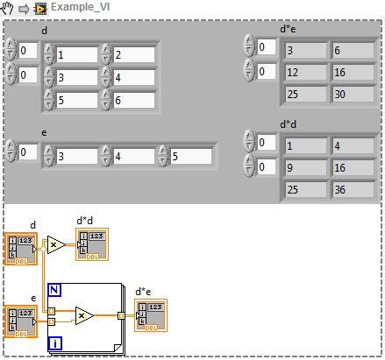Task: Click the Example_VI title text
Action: click(x=77, y=7)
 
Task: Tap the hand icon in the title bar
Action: click(x=9, y=7)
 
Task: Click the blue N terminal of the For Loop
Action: click(x=54, y=291)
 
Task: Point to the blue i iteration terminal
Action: click(x=54, y=343)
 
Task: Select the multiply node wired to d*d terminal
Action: click(x=54, y=245)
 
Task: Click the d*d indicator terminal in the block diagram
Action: click(x=90, y=244)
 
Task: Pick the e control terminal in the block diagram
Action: click(x=19, y=321)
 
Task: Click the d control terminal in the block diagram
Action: click(x=19, y=248)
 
